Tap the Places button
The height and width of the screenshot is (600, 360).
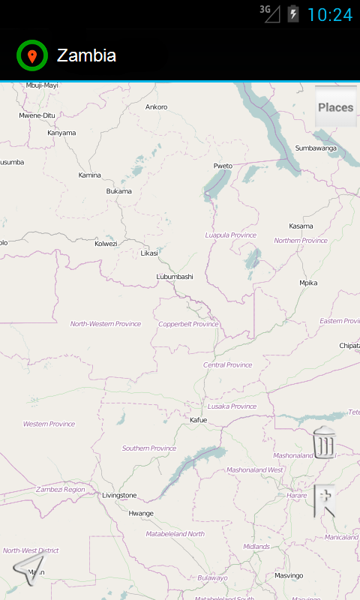click(335, 107)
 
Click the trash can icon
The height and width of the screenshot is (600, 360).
click(324, 442)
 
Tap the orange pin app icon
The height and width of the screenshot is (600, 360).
click(32, 55)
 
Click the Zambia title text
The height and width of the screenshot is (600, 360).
click(86, 55)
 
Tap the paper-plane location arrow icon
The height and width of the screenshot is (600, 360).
click(28, 569)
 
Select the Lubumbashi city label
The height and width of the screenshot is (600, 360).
click(175, 277)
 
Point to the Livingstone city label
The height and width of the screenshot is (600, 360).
click(120, 495)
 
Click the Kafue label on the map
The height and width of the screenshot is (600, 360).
click(198, 420)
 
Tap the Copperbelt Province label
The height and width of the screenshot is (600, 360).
click(188, 324)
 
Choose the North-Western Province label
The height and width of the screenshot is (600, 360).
click(106, 324)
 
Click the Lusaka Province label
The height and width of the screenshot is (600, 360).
click(232, 406)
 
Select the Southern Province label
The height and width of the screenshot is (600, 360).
click(149, 448)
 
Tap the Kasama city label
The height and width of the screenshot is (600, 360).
click(301, 226)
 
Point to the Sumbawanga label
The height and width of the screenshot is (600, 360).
click(316, 148)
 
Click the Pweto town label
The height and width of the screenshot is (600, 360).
click(223, 166)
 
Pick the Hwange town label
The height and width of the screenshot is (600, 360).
click(141, 513)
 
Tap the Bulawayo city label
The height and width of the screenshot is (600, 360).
click(212, 577)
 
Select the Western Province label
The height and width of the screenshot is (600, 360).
click(49, 424)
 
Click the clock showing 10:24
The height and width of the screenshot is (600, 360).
click(330, 15)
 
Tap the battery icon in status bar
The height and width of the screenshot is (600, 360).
click(293, 14)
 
